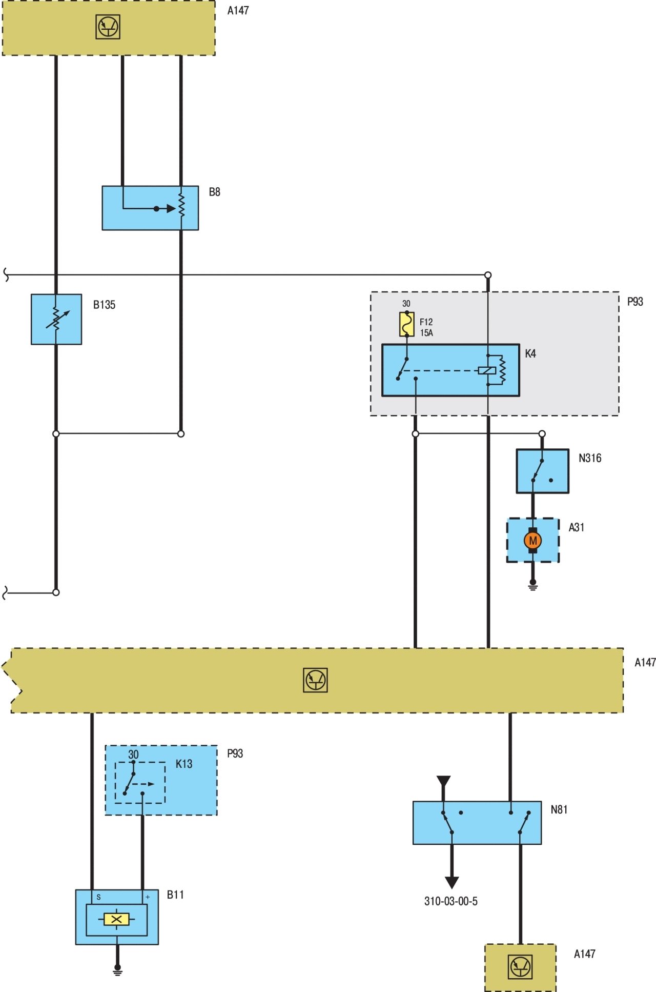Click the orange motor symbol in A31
pyautogui.click(x=533, y=540)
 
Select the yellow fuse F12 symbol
pyautogui.click(x=406, y=324)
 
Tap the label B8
pyautogui.click(x=214, y=192)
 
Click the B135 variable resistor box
pyautogui.click(x=56, y=319)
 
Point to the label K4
pyautogui.click(x=530, y=354)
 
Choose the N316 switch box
pyautogui.click(x=542, y=471)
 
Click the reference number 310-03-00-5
pyautogui.click(x=451, y=901)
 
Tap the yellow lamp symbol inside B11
pyautogui.click(x=116, y=920)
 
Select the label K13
pyautogui.click(x=184, y=764)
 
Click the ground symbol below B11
pyautogui.click(x=117, y=970)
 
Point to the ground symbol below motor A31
pyautogui.click(x=533, y=585)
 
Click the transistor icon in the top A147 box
pyautogui.click(x=108, y=27)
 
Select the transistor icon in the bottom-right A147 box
pyautogui.click(x=521, y=967)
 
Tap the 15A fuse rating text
pyautogui.click(x=427, y=333)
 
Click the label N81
pyautogui.click(x=559, y=809)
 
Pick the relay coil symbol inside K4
pyautogui.click(x=487, y=370)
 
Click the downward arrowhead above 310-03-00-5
pyautogui.click(x=452, y=882)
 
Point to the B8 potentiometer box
pyautogui.click(x=150, y=208)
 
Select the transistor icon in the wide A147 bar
pyautogui.click(x=315, y=681)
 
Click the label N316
pyautogui.click(x=590, y=458)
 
